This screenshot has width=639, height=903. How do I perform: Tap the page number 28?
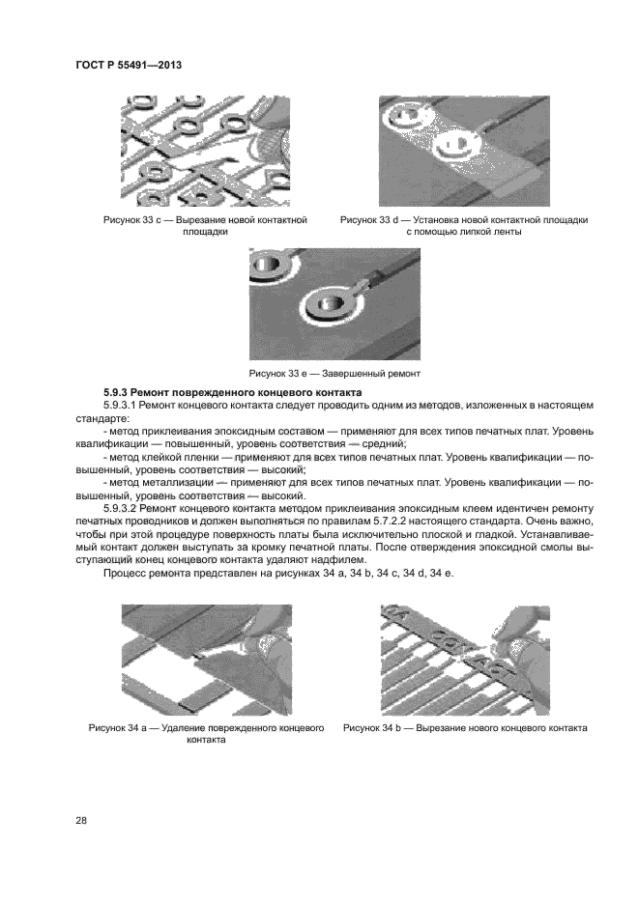point(80,820)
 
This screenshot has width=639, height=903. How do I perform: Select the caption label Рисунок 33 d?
point(371,220)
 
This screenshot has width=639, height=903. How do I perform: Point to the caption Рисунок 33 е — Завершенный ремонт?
point(335,373)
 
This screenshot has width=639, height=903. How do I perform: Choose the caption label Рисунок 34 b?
point(375,727)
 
